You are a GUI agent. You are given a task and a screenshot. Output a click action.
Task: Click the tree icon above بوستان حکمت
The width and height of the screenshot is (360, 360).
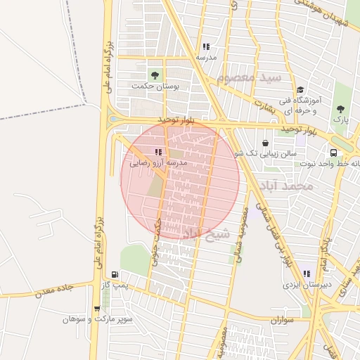click(154, 75)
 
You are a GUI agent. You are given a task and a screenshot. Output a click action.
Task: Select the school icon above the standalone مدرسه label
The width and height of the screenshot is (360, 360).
click(206, 47)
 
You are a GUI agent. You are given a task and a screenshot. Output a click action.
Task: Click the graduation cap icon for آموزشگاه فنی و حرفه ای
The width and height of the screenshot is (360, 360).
click(300, 90)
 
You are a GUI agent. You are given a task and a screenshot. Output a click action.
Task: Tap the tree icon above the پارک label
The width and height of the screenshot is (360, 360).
click(340, 109)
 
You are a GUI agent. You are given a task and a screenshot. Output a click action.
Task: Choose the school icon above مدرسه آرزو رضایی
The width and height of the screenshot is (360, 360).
click(158, 152)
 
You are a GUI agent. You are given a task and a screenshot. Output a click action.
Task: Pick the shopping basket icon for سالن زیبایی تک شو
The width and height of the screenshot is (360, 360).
click(264, 143)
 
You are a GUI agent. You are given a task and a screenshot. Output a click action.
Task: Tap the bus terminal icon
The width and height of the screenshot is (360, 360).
click(333, 153)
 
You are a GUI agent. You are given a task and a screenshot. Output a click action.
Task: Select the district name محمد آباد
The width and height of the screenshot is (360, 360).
click(285, 185)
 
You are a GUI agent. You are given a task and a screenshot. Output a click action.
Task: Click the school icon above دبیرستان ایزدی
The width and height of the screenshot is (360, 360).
click(306, 274)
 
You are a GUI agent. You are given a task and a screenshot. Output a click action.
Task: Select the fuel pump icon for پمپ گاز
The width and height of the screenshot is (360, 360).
click(115, 274)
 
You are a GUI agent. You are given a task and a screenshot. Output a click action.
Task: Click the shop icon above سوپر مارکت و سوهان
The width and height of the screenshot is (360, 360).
click(96, 308)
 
